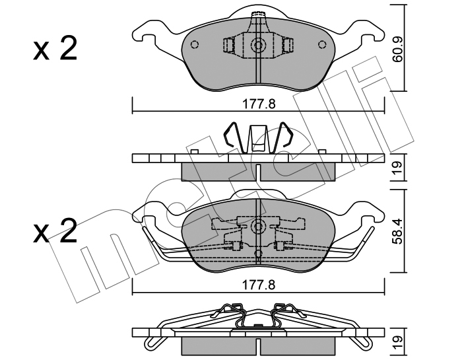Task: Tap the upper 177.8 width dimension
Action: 259,104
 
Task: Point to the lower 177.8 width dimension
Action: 259,285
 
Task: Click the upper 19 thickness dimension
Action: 397,168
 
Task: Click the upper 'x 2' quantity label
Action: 55,49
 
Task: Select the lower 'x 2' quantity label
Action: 55,231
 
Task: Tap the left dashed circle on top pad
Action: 195,44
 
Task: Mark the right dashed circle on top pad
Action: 322,44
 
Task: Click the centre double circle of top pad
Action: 259,45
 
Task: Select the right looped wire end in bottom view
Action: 363,342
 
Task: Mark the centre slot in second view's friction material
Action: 259,173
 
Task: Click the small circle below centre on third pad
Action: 259,253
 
